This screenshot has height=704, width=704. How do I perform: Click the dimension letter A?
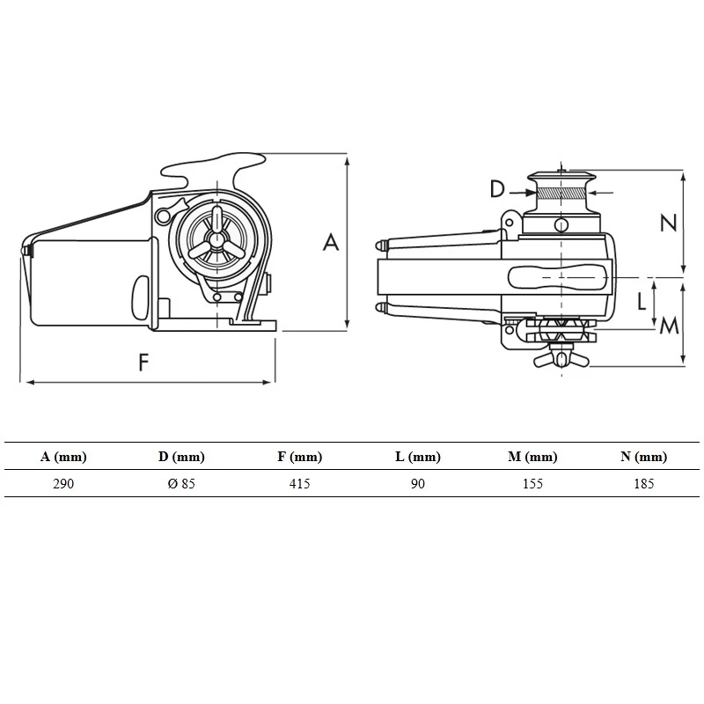[331, 241]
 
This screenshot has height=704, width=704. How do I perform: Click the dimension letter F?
[144, 363]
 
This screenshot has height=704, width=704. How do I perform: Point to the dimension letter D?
[497, 189]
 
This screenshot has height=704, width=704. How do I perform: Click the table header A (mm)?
[63, 457]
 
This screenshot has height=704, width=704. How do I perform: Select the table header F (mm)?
[299, 457]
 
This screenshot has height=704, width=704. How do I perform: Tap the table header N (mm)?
[643, 457]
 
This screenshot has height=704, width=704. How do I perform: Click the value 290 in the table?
[63, 484]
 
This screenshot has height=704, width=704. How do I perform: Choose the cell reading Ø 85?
[181, 484]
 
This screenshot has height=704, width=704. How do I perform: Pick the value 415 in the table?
[299, 484]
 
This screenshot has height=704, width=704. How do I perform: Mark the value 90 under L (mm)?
[417, 484]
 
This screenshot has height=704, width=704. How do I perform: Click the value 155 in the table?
[532, 484]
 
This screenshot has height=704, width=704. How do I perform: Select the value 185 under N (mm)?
[643, 484]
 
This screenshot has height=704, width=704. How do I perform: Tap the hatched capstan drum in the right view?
[561, 194]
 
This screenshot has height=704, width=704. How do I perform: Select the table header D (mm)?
[181, 457]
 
